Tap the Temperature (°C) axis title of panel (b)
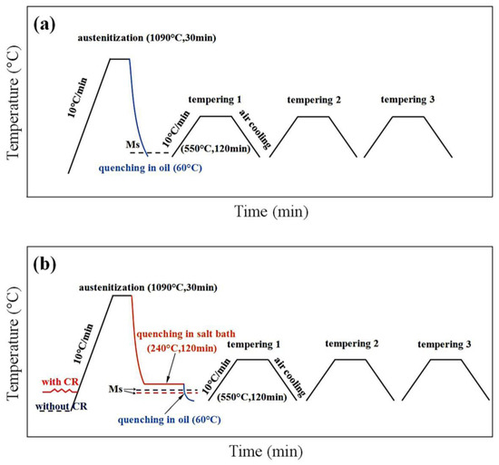click(x=13, y=340)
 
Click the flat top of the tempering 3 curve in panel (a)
click(x=407, y=116)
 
